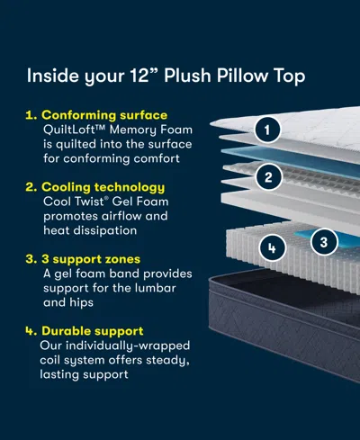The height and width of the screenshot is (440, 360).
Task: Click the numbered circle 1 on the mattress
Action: click(265, 130)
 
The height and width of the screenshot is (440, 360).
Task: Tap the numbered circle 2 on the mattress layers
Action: click(265, 178)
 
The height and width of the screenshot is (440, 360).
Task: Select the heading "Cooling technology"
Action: click(102, 186)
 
